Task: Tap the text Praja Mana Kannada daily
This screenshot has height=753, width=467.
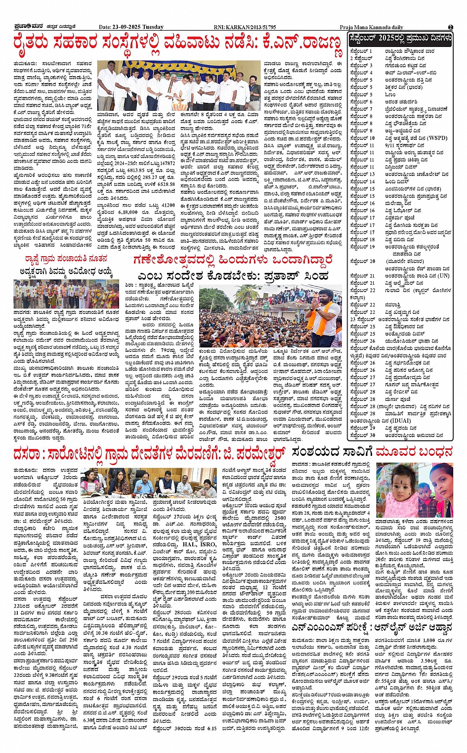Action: point(371,27)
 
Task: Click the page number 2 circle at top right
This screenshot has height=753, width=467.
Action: point(450,27)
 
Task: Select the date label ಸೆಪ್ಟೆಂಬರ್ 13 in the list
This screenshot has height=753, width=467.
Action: point(362,175)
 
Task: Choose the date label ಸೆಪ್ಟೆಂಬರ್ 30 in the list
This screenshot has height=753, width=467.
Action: point(362,436)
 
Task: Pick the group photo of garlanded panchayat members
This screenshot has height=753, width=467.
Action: point(65,294)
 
